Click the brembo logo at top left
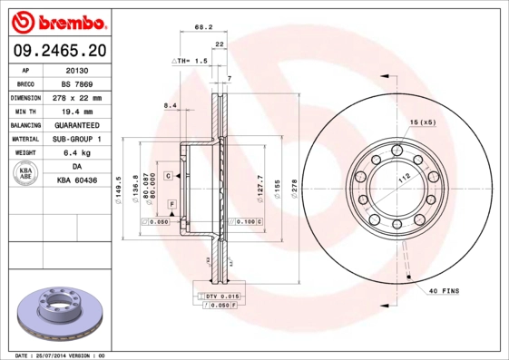point(57,20)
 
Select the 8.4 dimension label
point(170,106)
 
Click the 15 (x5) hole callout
point(423,121)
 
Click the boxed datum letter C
point(169,173)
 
